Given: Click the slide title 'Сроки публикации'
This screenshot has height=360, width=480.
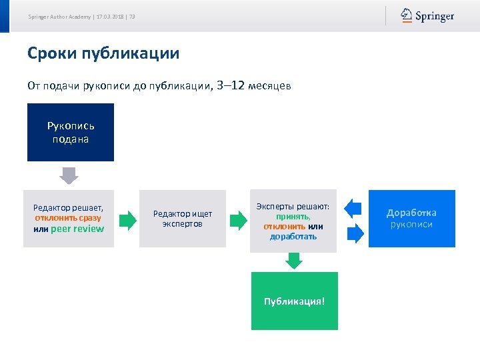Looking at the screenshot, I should pos(103,53).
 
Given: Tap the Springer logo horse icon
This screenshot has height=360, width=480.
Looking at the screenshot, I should pos(406,16).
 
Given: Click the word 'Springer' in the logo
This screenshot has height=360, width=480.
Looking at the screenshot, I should pos(435,17).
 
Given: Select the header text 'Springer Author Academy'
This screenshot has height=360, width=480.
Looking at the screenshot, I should pos(60,17).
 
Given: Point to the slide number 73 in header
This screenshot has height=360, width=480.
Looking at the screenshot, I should pos(132,17).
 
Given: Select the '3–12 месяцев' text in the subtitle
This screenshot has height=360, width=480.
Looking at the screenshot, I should pos(254,86).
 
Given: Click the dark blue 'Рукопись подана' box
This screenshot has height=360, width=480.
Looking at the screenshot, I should pos(71,132).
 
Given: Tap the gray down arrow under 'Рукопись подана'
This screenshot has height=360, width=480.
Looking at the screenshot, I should pos(69,175).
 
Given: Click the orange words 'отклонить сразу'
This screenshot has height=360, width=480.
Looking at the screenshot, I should pos(68,218).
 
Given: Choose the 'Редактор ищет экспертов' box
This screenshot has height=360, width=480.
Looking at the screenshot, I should pos(183,219).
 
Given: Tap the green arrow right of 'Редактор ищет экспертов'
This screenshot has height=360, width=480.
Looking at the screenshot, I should pos(238,219).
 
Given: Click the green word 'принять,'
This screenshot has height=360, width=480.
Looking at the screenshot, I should pos(293,217).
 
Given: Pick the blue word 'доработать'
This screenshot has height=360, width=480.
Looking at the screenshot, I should pos(293,237).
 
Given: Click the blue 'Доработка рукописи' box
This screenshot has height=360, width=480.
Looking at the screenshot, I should pos(411,219).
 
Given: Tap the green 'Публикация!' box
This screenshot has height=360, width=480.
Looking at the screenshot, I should pos(294,301).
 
